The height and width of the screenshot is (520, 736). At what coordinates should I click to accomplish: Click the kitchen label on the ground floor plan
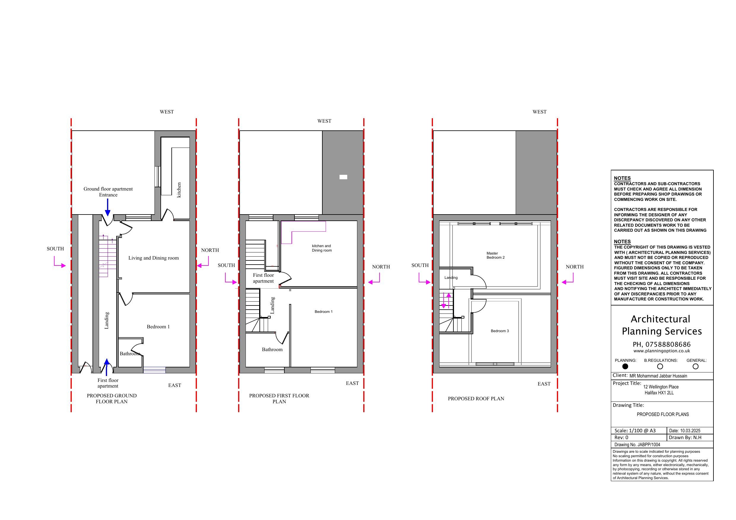[179, 190]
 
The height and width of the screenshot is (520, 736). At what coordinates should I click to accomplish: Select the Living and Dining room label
[154, 258]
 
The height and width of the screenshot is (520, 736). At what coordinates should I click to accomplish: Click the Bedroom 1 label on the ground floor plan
[158, 327]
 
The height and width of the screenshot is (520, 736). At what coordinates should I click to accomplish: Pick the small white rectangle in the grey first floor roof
[343, 177]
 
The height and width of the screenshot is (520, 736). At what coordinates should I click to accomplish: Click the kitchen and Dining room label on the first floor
[321, 248]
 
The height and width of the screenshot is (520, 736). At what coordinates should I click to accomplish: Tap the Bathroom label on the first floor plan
[272, 350]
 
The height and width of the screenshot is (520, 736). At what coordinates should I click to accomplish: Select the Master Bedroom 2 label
[495, 255]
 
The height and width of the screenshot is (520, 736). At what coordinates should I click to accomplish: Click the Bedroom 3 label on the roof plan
[499, 331]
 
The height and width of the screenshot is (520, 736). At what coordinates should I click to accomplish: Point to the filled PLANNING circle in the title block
[625, 366]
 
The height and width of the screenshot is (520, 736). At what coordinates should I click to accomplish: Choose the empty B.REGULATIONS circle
[660, 366]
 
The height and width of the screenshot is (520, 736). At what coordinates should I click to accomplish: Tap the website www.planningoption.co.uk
[662, 351]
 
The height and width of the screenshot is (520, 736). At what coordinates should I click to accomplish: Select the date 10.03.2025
[690, 431]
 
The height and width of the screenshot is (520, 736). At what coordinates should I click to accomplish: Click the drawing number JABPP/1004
[649, 445]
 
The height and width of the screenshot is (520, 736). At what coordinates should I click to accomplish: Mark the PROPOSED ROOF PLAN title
[476, 399]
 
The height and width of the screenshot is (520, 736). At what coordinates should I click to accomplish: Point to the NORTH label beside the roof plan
[574, 267]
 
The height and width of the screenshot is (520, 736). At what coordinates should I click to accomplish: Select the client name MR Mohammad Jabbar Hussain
[658, 376]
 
